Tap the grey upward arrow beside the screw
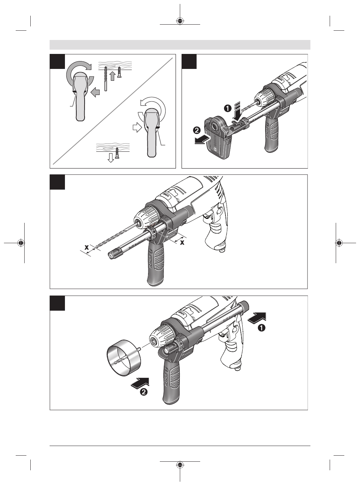pos(112,76)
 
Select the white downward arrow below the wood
pos(111,157)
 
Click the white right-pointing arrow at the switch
pos(137,127)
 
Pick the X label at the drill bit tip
pos(86,247)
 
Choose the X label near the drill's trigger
pos(182,242)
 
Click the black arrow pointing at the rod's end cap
pos(257,317)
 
